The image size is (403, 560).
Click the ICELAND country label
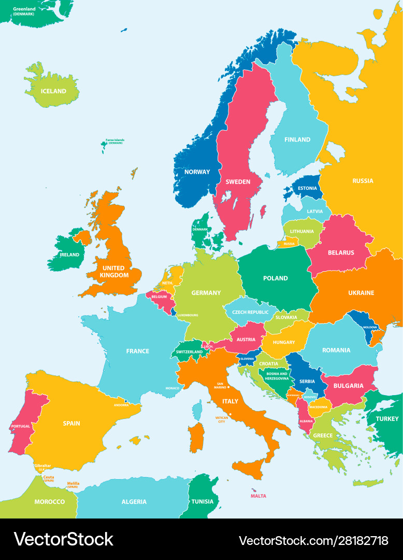tap(53, 91)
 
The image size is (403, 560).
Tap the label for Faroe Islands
tap(115, 141)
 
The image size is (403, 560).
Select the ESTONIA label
tap(307, 188)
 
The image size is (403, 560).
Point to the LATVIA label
tap(314, 212)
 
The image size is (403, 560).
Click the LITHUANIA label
tap(301, 231)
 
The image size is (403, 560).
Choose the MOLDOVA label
tap(370, 328)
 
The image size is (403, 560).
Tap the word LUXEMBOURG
tap(188, 315)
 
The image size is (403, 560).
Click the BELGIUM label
tap(159, 297)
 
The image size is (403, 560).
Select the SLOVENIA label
tap(247, 359)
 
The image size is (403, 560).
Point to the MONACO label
tap(172, 388)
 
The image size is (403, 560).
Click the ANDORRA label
tap(121, 405)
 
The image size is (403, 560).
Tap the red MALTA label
tap(258, 496)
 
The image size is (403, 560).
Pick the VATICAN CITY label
tap(222, 419)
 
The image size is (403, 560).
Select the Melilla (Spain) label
tap(73, 485)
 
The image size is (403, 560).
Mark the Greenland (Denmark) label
tap(24, 11)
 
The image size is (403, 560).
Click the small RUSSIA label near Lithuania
tap(289, 244)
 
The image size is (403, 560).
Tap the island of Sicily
tap(247, 468)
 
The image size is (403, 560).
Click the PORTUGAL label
tap(20, 426)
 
